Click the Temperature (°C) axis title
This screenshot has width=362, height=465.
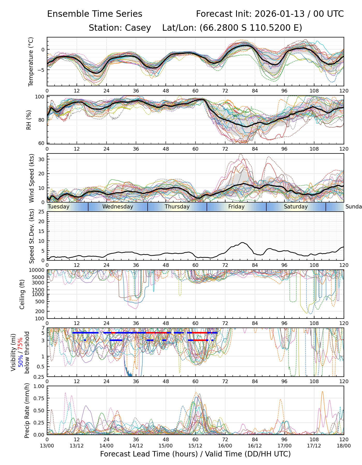(31, 61)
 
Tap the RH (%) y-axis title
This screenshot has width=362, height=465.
(29, 120)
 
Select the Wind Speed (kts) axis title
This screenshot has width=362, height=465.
(32, 178)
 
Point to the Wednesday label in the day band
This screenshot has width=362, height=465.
(118, 207)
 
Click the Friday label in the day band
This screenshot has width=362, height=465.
(236, 207)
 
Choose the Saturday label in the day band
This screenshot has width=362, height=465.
(296, 207)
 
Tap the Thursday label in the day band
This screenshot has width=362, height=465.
(177, 207)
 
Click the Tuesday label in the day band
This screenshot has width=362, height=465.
(59, 207)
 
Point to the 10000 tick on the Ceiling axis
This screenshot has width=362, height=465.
(38, 270)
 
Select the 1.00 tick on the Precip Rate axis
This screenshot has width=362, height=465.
(39, 386)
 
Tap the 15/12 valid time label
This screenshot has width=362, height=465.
(195, 446)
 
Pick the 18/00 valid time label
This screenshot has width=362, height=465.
(344, 446)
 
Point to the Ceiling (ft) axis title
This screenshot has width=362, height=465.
(22, 294)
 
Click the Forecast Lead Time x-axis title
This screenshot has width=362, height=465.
(195, 454)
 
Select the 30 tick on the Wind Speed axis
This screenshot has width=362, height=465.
(41, 159)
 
